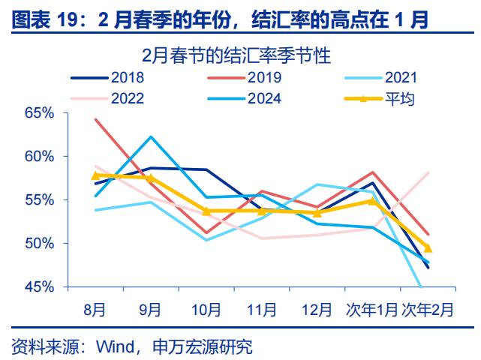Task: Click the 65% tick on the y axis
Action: (x=39, y=113)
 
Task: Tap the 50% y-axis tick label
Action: (x=39, y=244)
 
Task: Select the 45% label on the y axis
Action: (x=39, y=287)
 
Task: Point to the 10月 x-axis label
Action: (x=206, y=308)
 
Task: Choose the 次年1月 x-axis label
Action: (x=371, y=308)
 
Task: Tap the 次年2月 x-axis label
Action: (x=427, y=308)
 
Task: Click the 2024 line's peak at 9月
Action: (x=151, y=136)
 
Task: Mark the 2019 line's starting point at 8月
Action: (x=96, y=119)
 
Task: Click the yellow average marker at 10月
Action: (x=206, y=211)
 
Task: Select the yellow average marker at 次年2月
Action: (x=428, y=248)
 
